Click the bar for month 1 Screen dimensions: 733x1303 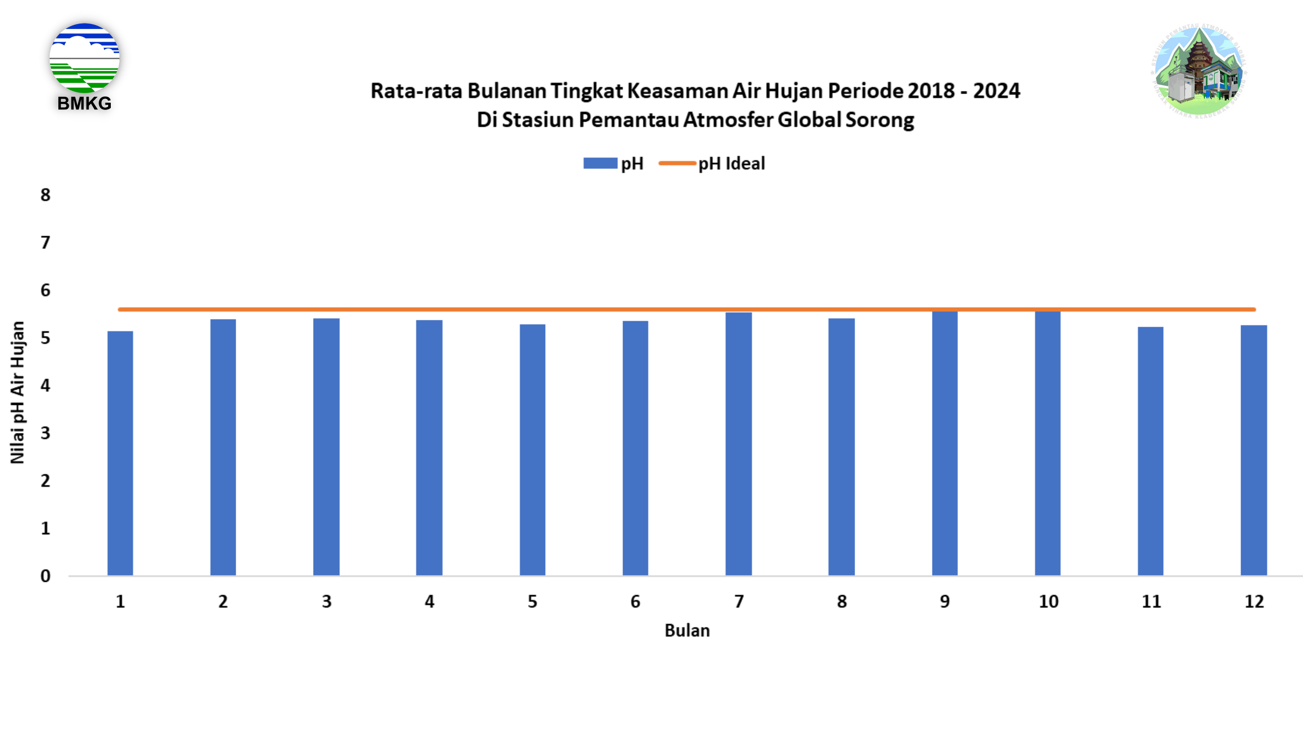pyautogui.click(x=120, y=453)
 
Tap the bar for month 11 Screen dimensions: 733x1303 pyautogui.click(x=1151, y=451)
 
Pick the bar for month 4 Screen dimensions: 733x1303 pyautogui.click(x=429, y=447)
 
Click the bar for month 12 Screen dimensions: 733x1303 pyautogui.click(x=1254, y=450)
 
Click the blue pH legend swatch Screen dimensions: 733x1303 pyautogui.click(x=600, y=163)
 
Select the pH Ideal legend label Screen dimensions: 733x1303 pyautogui.click(x=732, y=164)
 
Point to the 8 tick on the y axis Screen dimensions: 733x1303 pyautogui.click(x=46, y=195)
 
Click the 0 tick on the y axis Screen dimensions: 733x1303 pyautogui.click(x=46, y=576)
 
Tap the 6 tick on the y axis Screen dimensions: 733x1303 pyautogui.click(x=46, y=290)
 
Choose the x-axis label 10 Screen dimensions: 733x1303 pyautogui.click(x=1048, y=601)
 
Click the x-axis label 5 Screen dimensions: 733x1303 pyautogui.click(x=532, y=601)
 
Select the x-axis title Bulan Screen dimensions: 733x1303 pyautogui.click(x=687, y=630)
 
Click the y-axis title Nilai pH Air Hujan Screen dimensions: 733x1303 pyautogui.click(x=17, y=393)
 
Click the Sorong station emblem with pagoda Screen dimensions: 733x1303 pyautogui.click(x=1199, y=71)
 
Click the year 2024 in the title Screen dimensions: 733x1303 pyautogui.click(x=996, y=91)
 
